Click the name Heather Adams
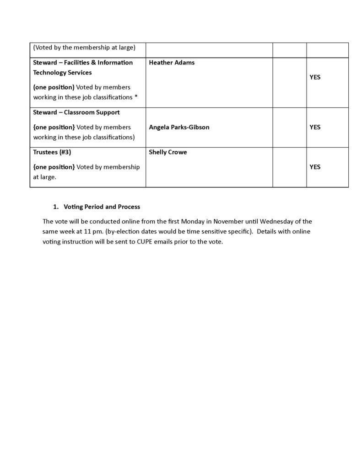click(x=172, y=63)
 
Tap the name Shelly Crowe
click(x=167, y=152)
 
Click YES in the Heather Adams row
click(x=315, y=77)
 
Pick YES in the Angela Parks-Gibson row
click(x=315, y=127)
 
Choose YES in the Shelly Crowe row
click(x=315, y=167)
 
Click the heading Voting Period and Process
click(x=102, y=207)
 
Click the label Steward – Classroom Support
click(x=76, y=112)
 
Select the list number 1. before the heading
click(x=55, y=207)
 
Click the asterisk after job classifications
click(x=136, y=97)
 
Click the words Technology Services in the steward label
click(x=62, y=73)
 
